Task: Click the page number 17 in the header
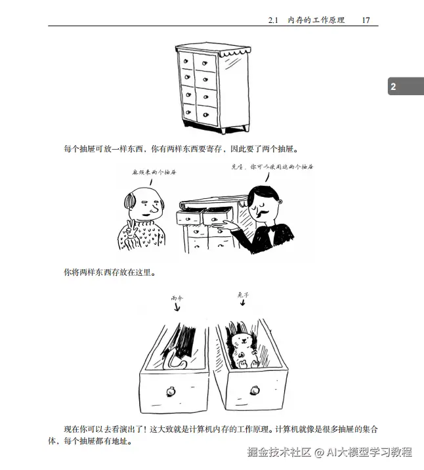[x=366, y=20]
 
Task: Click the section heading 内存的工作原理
[x=316, y=20]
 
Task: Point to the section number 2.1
[x=274, y=20]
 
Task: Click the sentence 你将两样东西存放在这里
[x=109, y=271]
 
